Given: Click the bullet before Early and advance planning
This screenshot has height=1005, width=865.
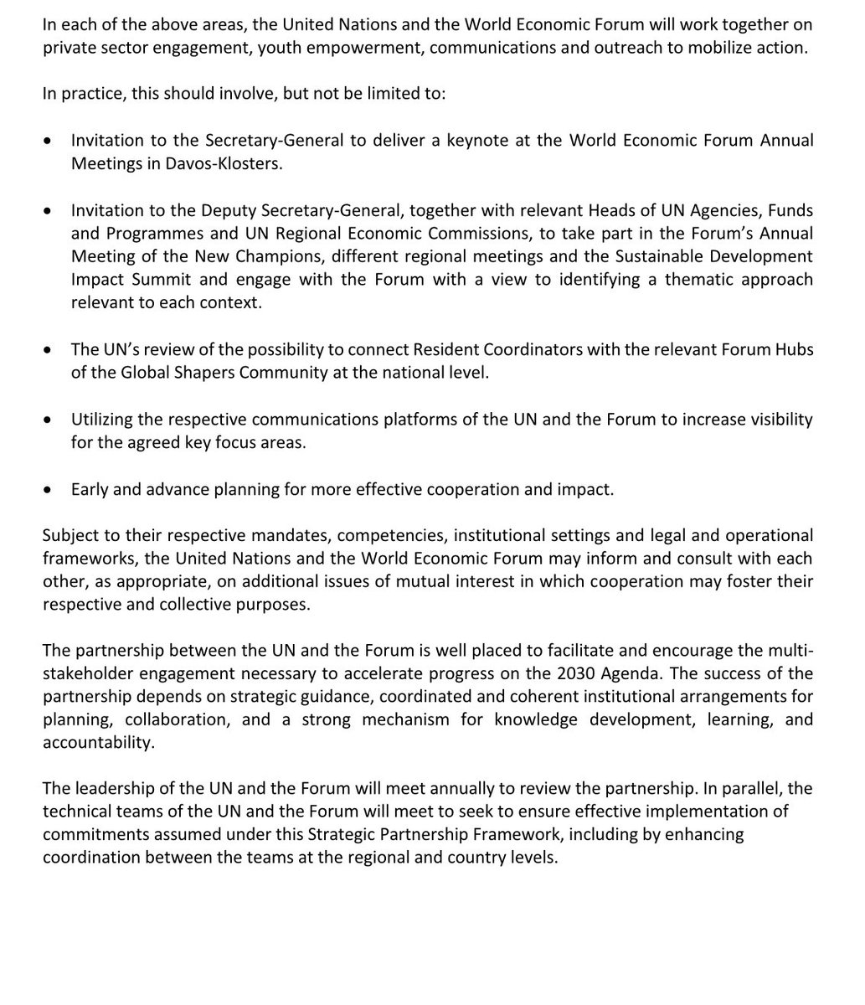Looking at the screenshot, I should click(52, 489).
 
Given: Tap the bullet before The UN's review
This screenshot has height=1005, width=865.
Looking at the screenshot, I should click(52, 349).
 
